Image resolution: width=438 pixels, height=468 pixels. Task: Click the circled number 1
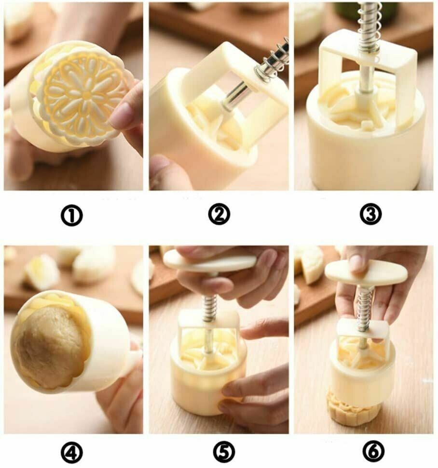[72, 215]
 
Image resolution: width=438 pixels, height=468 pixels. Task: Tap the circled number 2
[219, 214]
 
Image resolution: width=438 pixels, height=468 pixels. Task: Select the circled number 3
[370, 214]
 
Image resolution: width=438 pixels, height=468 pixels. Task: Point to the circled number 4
[72, 453]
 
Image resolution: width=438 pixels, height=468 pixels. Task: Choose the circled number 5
[224, 452]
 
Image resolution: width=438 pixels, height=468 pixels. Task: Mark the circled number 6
[373, 452]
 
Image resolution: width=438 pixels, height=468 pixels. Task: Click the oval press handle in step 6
[366, 272]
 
